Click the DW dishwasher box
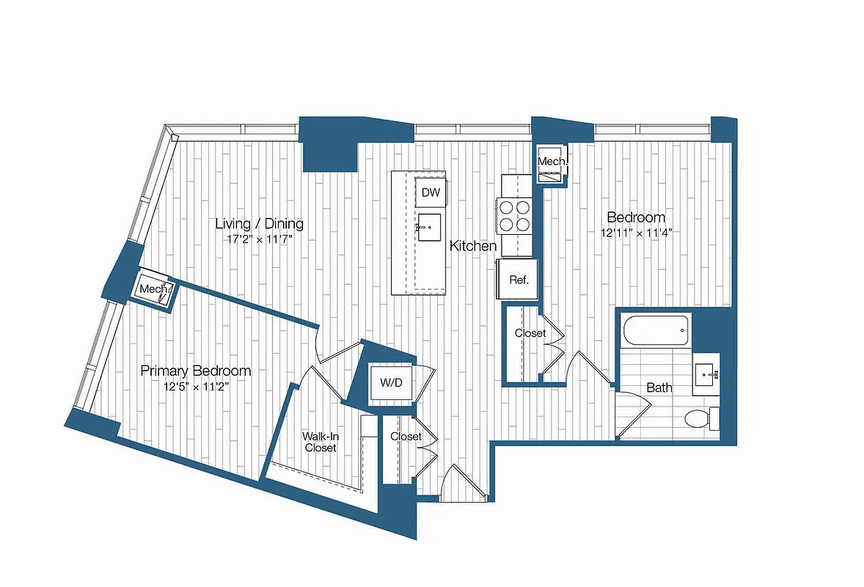click(x=431, y=193)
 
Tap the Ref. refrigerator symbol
click(x=519, y=280)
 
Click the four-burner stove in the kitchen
click(x=515, y=216)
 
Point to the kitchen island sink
click(x=429, y=228)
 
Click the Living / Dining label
click(x=259, y=224)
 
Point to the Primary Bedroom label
click(x=196, y=371)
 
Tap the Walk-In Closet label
click(x=320, y=442)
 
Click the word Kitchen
click(x=473, y=247)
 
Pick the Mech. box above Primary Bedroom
click(x=154, y=289)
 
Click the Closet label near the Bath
click(x=530, y=333)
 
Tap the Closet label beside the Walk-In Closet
click(x=406, y=437)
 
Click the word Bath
click(x=659, y=387)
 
